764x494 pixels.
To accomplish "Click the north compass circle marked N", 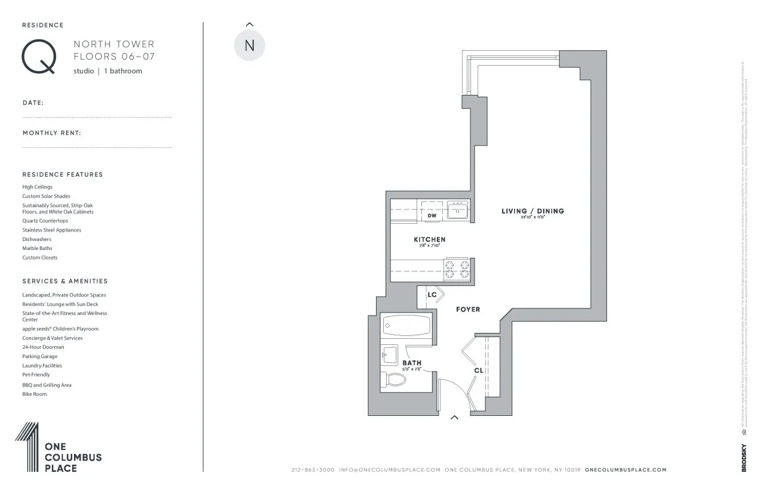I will [249, 45].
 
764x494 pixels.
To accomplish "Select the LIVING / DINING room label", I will [532, 211].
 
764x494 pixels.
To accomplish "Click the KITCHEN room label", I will [429, 239].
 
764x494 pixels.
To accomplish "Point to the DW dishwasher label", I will [432, 215].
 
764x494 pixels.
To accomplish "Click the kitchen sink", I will [458, 210].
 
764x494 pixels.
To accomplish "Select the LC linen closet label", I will [432, 295].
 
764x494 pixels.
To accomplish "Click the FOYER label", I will [468, 310].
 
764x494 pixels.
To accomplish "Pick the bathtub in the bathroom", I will [406, 326].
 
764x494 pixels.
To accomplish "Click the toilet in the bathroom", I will [395, 379].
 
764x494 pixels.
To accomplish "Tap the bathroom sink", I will [389, 355].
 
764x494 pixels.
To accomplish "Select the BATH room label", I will [412, 363].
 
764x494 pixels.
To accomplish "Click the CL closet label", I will [479, 370].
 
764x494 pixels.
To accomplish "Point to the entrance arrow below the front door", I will [454, 418].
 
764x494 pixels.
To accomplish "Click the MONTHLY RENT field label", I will [52, 133].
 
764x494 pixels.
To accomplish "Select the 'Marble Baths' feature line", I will [37, 248].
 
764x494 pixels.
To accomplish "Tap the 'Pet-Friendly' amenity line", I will [36, 375].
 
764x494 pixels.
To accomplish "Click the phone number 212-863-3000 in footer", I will [313, 470].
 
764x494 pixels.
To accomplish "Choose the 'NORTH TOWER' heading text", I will [113, 44].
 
